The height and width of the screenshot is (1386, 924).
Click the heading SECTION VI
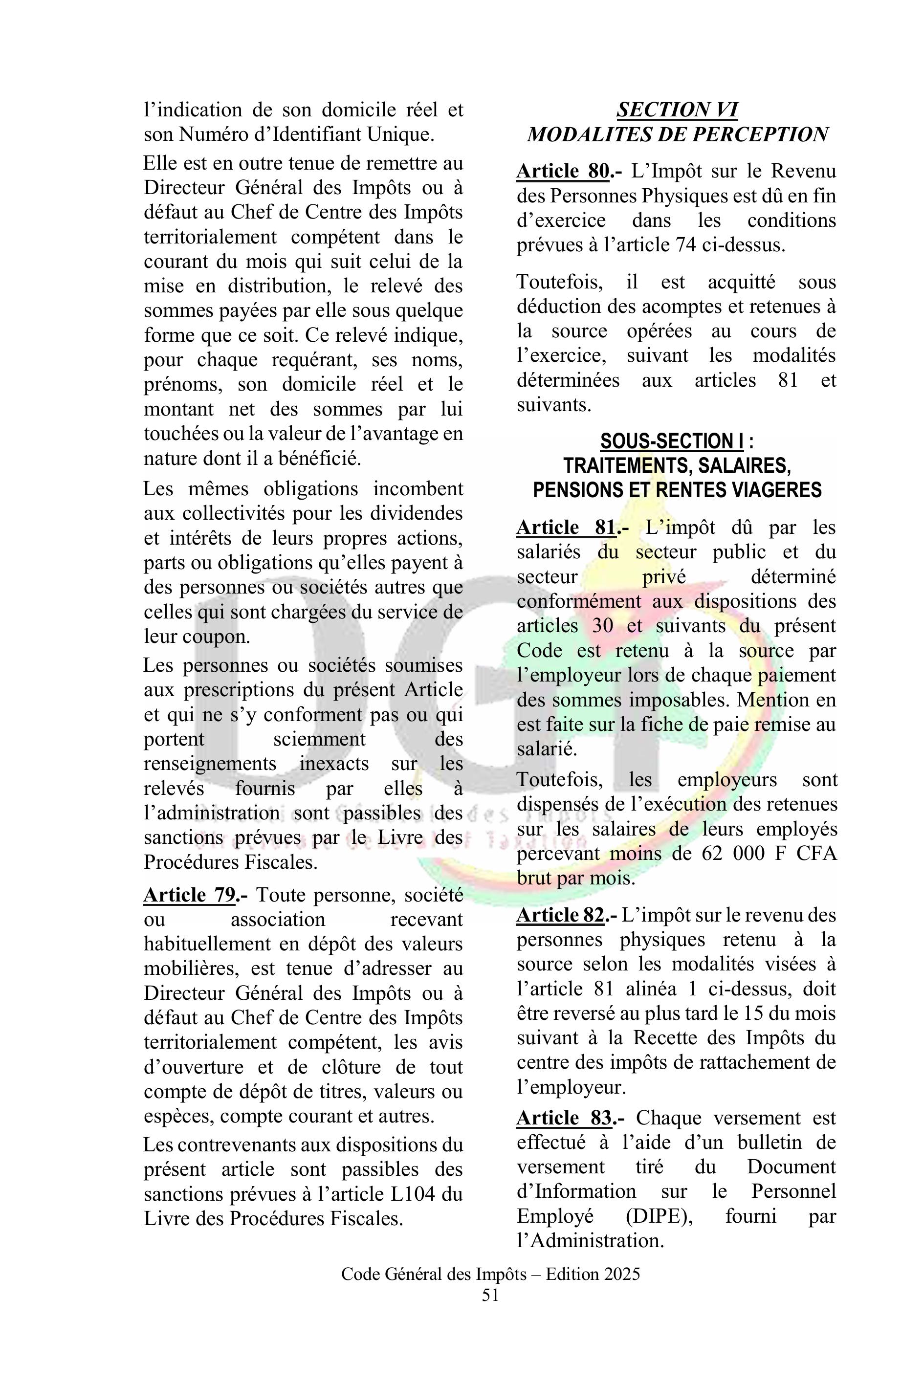click(677, 110)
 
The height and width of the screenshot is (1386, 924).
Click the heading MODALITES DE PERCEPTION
click(677, 135)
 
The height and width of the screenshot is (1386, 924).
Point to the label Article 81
click(566, 528)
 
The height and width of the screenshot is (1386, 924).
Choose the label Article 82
click(560, 915)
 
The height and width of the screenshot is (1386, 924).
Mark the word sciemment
click(319, 739)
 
